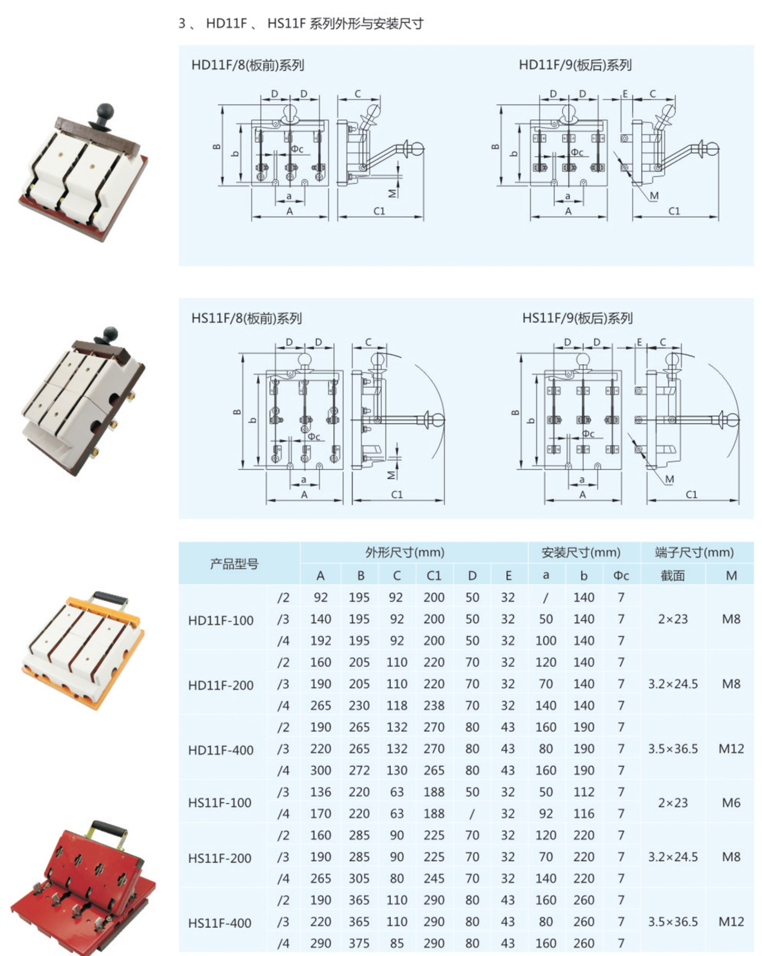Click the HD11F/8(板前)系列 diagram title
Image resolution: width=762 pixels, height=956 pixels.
tap(248, 65)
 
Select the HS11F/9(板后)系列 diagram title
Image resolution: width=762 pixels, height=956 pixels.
tap(577, 318)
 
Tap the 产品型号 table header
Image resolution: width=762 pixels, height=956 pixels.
tap(235, 564)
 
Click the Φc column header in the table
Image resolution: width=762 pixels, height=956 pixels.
tap(621, 576)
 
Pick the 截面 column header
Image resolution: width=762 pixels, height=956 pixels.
tap(673, 576)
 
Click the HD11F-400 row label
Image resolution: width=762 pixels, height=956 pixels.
tap(221, 750)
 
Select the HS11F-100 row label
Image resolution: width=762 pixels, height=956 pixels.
tap(220, 802)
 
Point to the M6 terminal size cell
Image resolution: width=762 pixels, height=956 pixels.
tap(731, 802)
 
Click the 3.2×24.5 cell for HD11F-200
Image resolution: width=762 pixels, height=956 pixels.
tap(673, 684)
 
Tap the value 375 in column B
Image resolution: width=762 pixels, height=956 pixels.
tap(359, 943)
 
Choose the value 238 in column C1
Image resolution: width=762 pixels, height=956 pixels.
tap(434, 705)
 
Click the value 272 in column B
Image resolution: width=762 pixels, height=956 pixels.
tap(359, 770)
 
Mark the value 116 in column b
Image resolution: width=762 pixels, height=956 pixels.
tap(583, 813)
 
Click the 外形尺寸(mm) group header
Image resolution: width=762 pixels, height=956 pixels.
tap(405, 552)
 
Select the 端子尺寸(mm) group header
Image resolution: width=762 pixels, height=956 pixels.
tap(695, 552)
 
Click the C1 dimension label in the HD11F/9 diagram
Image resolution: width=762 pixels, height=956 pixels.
tap(674, 211)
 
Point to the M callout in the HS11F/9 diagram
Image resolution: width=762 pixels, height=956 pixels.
tap(669, 479)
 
